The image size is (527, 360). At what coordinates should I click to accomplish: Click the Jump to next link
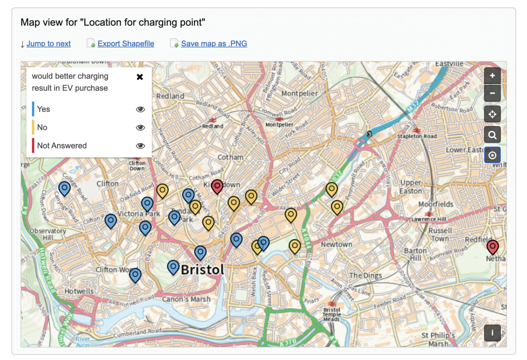(x=48, y=44)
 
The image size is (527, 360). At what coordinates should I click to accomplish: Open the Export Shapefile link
(x=126, y=44)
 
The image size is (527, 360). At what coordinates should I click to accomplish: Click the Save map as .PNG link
(x=214, y=44)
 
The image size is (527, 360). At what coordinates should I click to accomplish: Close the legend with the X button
(x=140, y=77)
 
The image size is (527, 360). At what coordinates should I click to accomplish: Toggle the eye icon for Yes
(x=140, y=109)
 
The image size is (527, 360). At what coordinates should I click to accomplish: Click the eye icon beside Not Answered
(x=140, y=146)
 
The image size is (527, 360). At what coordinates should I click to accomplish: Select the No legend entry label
(x=42, y=128)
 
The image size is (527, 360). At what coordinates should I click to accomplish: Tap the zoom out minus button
(x=492, y=93)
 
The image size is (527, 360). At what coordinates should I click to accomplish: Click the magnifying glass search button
(x=492, y=134)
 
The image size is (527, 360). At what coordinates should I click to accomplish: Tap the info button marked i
(x=492, y=333)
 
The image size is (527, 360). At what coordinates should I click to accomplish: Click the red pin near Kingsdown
(x=217, y=186)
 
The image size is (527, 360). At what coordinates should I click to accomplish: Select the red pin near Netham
(x=492, y=246)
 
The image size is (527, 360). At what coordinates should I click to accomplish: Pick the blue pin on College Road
(x=64, y=188)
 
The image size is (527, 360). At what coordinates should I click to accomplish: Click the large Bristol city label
(x=202, y=270)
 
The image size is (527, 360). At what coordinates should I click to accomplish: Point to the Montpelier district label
(x=300, y=93)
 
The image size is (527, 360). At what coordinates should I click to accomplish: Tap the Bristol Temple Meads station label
(x=332, y=314)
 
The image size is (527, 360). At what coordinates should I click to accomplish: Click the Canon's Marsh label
(x=186, y=299)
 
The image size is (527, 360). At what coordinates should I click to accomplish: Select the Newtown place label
(x=337, y=245)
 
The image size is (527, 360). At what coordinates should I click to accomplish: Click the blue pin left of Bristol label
(x=173, y=267)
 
